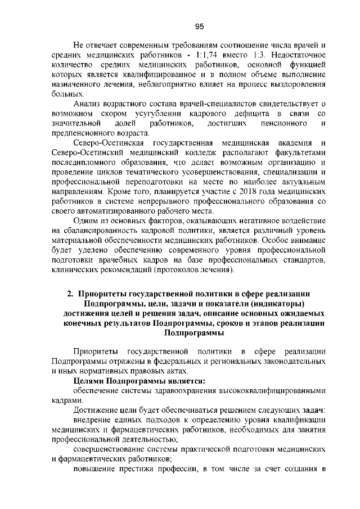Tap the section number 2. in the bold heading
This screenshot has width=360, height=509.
(71, 294)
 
